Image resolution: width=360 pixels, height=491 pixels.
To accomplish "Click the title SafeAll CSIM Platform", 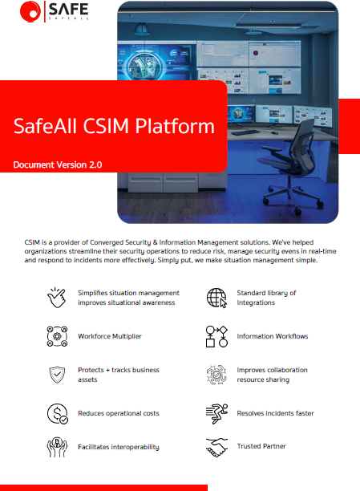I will click(114, 126).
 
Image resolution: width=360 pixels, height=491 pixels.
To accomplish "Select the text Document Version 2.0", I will click(57, 164).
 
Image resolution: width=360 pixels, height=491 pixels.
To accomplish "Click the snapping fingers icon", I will click(55, 298).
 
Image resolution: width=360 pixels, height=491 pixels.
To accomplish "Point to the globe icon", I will click(216, 298).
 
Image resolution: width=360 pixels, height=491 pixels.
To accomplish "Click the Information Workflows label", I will click(272, 336).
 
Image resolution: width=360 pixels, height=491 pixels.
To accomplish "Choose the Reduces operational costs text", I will click(119, 413).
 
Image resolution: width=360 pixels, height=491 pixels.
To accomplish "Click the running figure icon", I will click(216, 413).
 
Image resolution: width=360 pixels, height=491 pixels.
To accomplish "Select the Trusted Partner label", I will click(261, 446).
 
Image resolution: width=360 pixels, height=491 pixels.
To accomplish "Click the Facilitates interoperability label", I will click(119, 447).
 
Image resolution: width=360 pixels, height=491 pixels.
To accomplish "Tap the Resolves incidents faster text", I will click(275, 413).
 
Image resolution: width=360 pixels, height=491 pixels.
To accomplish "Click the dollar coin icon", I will click(55, 413).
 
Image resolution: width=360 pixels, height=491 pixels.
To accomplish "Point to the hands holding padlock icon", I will click(55, 446).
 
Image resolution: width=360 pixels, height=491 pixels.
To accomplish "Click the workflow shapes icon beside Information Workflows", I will click(216, 336).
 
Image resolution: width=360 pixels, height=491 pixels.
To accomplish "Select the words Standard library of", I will click(266, 293).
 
